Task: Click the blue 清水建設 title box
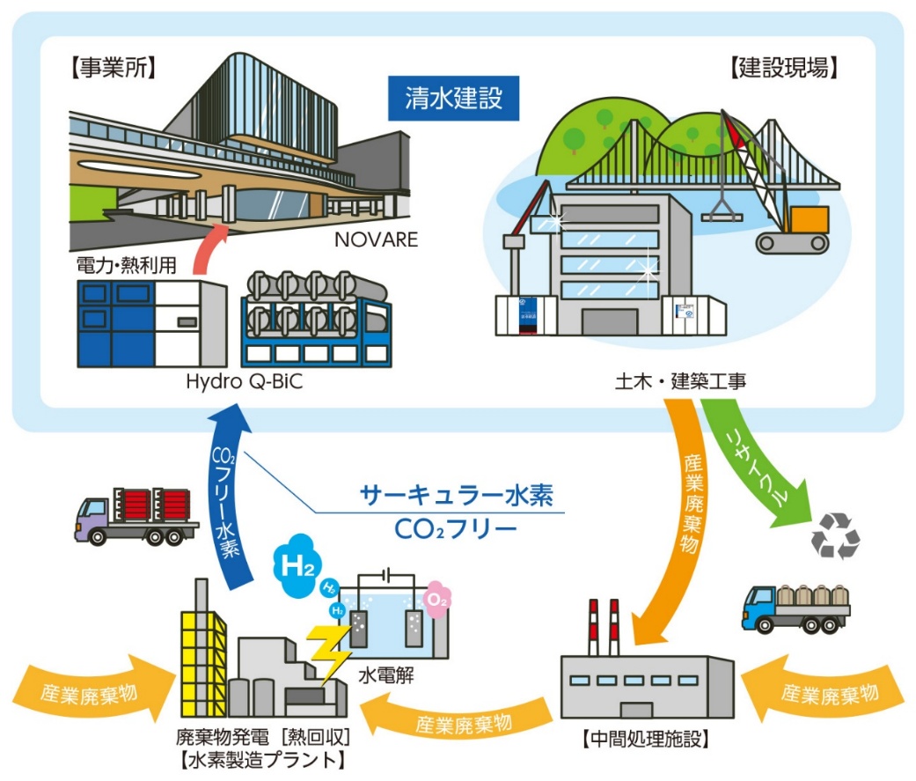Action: coord(455,97)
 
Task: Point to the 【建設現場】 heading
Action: coord(783,67)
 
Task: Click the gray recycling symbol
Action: coord(834,535)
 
